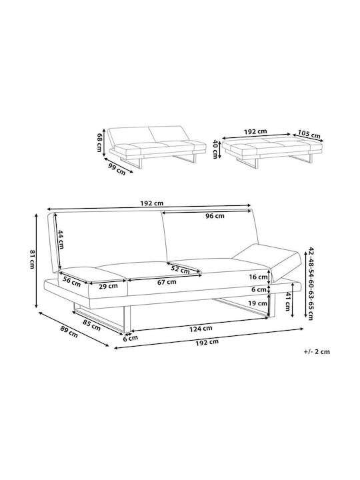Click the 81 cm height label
click(x=32, y=259)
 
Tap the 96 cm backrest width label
click(x=215, y=216)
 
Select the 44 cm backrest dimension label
click(x=61, y=239)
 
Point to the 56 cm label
click(x=71, y=281)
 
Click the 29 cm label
click(x=109, y=286)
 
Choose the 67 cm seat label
click(x=167, y=282)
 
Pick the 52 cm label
click(x=180, y=269)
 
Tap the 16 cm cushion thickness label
click(x=259, y=277)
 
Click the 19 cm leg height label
click(x=258, y=303)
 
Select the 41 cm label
click(x=288, y=301)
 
